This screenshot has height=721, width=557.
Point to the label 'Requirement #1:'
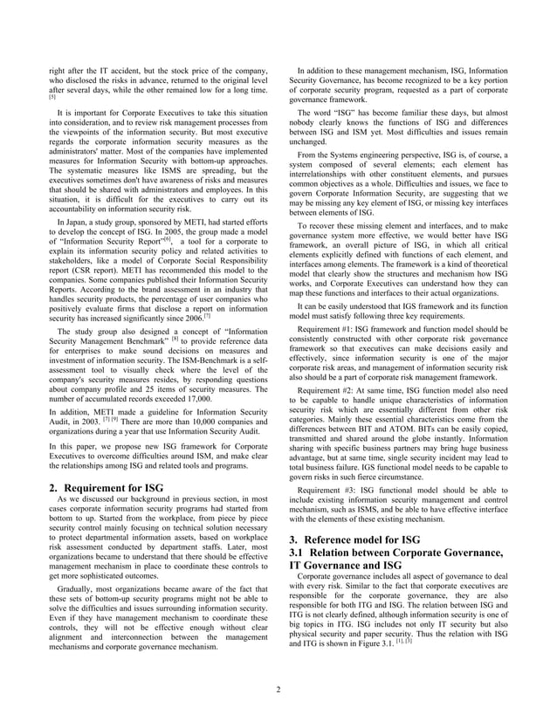pyautogui.click(x=332, y=328)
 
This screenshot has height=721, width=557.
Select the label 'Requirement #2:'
pyautogui.click(x=332, y=391)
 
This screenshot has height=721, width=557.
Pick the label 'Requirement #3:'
pyautogui.click(x=332, y=490)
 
